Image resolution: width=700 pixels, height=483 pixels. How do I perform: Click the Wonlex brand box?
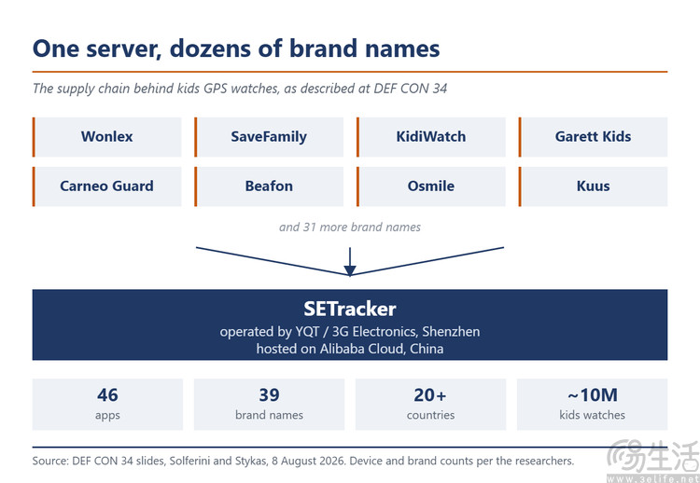pos(107,137)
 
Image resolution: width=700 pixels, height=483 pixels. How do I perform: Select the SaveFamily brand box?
pos(269,137)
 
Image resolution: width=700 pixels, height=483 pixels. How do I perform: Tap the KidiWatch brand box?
pos(431,137)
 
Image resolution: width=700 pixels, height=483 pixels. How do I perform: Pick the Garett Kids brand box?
pos(593,137)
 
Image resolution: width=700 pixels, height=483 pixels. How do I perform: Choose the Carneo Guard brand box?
pos(107,186)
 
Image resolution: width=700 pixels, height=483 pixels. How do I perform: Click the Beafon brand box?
pos(269,186)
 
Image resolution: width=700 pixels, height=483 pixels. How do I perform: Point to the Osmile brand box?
pos(431,186)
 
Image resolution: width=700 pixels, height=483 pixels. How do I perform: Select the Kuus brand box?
pos(593,186)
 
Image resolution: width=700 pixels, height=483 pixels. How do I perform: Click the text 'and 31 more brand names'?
pos(350,228)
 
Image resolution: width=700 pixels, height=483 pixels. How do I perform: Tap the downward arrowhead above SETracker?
pos(350,270)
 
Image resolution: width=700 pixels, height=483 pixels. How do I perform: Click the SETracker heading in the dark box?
pos(350,309)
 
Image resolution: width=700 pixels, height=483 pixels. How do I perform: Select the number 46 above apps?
pos(107,395)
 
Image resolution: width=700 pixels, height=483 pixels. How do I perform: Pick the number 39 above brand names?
pos(269,395)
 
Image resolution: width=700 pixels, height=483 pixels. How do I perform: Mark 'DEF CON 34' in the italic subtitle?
pos(411,89)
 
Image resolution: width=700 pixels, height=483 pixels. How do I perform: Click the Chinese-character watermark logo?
pos(652,460)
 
